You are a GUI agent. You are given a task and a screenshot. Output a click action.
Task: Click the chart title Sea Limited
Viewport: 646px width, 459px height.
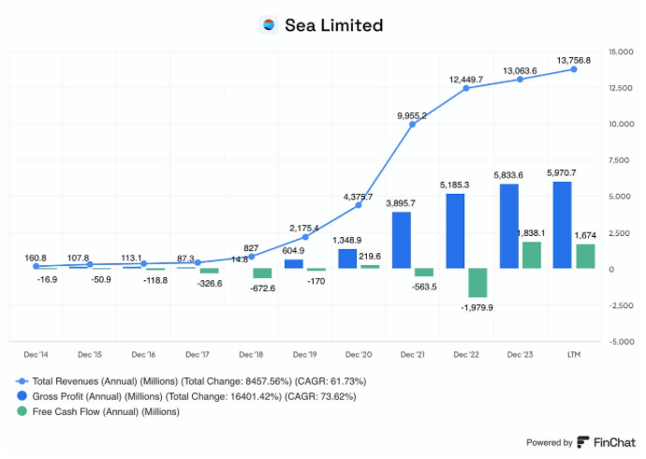coord(333,25)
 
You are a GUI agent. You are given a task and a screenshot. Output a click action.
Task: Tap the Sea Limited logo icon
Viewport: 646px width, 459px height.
coord(269,24)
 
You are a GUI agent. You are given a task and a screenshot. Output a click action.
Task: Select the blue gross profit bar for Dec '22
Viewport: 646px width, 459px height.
coord(455,231)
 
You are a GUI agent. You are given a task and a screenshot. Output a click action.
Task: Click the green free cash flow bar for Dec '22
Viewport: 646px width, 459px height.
coord(477,283)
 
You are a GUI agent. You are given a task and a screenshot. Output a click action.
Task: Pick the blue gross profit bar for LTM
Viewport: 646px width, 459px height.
coord(563,226)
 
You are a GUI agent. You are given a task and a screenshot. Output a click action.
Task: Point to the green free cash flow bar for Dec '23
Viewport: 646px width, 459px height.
coord(532,255)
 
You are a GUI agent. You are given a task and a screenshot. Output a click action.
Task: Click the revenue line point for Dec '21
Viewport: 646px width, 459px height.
coord(412,124)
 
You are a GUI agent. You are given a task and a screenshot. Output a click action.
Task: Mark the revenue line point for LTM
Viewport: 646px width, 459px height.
coord(574,69)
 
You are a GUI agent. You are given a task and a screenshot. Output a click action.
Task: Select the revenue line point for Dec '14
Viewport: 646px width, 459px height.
coord(37,266)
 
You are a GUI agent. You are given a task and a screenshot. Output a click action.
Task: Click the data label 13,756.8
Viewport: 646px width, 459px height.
coord(574,60)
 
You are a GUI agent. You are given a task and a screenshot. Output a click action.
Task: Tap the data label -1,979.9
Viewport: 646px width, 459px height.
coord(477,307)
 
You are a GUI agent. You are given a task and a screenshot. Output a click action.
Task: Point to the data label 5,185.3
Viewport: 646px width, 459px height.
coord(454,185)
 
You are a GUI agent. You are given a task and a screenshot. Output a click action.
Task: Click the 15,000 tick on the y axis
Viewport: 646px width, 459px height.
coord(621,52)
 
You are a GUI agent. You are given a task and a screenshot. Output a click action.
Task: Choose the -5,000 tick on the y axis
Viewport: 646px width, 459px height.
coord(621,342)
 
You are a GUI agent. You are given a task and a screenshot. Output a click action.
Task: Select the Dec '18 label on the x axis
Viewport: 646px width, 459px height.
coord(251,354)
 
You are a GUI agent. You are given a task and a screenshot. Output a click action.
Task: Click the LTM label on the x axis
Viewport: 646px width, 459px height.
coord(574,354)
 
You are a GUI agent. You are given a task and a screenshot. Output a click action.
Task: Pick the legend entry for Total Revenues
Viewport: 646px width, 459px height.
coord(191,381)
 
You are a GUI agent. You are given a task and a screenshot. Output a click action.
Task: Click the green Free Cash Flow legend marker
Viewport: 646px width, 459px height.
coord(22,411)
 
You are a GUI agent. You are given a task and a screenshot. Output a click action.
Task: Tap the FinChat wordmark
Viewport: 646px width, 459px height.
coord(614,442)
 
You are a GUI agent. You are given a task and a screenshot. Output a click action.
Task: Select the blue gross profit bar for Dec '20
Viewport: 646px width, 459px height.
coord(347,259)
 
